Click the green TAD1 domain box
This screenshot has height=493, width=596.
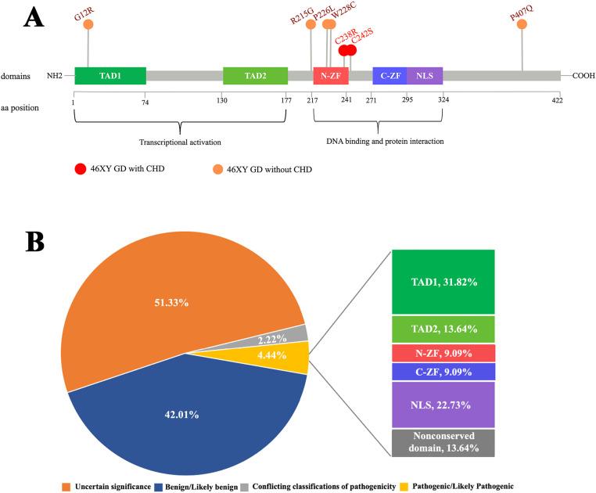(110, 76)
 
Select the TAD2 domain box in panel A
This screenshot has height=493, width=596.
(255, 76)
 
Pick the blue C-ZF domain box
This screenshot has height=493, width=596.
(390, 76)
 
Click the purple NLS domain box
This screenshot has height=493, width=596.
(425, 76)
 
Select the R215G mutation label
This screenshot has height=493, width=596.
(301, 15)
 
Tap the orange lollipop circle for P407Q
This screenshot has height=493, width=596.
(522, 25)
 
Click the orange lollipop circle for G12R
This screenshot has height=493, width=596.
(88, 25)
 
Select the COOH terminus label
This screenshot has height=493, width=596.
(583, 76)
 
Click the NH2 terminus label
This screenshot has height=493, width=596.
(54, 76)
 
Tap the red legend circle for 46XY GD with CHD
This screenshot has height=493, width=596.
(79, 168)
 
